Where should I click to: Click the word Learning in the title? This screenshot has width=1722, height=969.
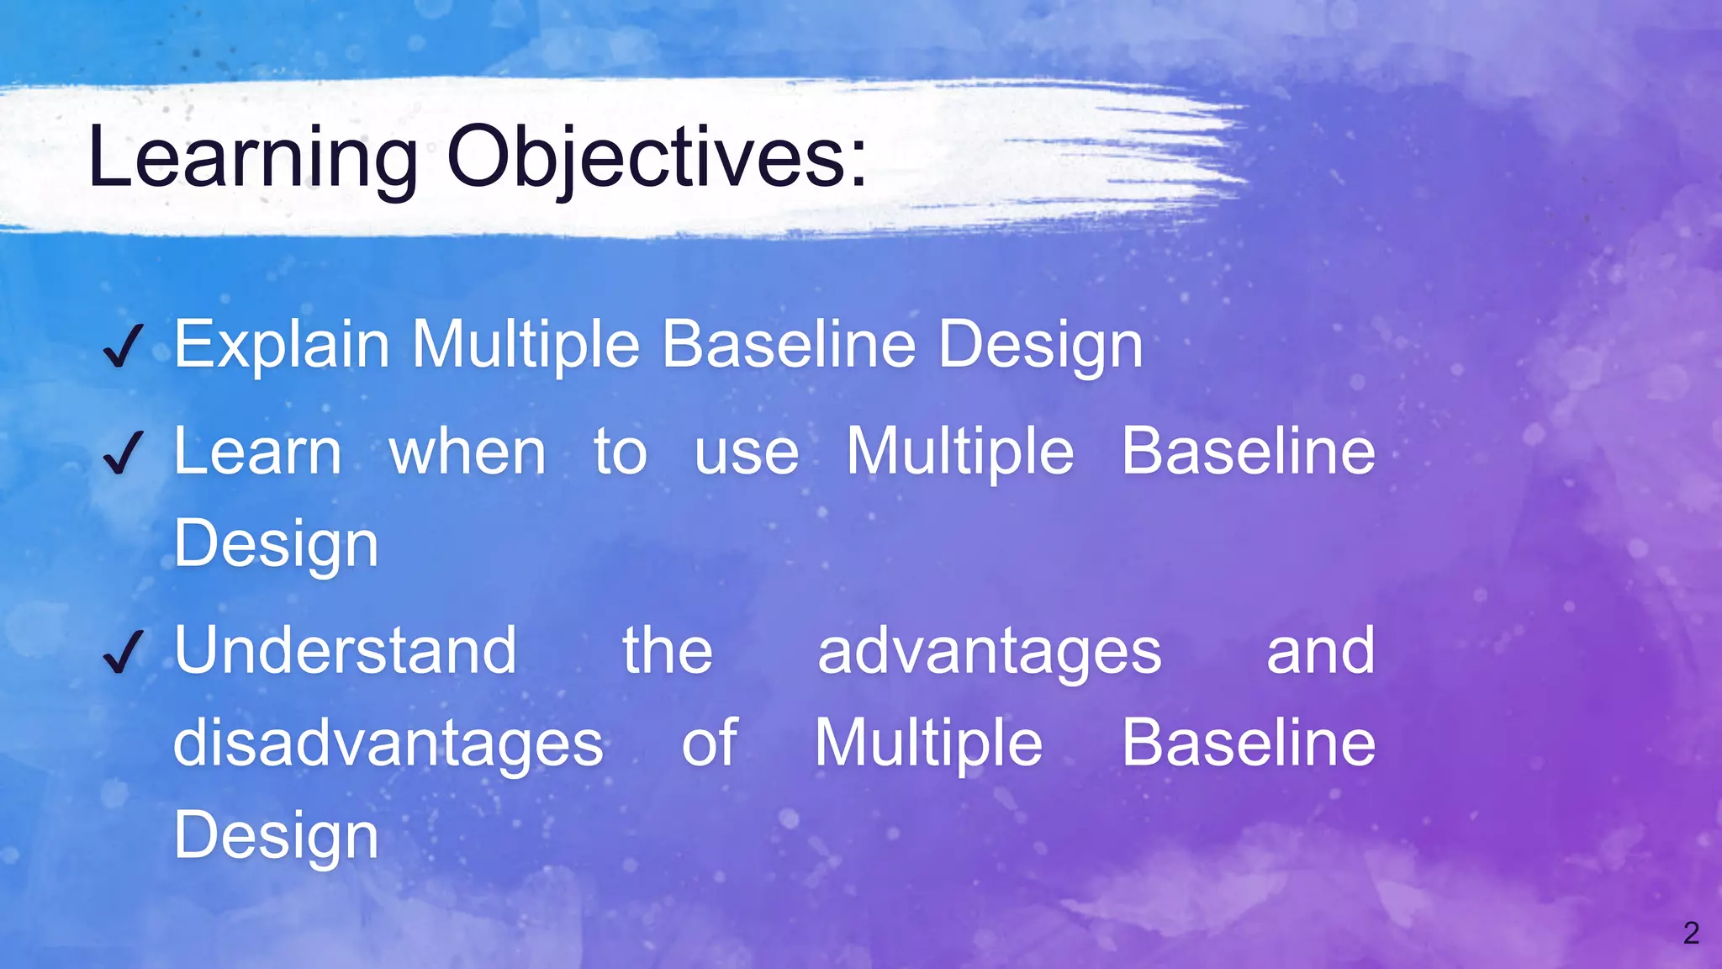pos(252,158)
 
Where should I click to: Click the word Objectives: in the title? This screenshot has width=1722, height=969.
pos(657,158)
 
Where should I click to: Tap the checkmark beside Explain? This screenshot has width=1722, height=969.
pos(123,347)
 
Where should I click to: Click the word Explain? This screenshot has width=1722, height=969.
pos(282,345)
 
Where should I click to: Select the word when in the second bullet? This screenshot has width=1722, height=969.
pos(467,453)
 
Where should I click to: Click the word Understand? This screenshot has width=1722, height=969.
pos(345,651)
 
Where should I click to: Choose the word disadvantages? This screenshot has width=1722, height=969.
pos(388,744)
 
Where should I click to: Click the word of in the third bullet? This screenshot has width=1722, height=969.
pos(709,744)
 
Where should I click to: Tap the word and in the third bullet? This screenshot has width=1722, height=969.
pos(1320,651)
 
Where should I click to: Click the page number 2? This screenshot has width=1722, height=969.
pos(1691,933)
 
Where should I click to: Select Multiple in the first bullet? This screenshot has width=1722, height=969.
pos(525,345)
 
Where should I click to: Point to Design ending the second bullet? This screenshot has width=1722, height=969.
pos(276,545)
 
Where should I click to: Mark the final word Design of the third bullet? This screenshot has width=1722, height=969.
pos(276,836)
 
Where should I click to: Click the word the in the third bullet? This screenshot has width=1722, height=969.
pos(668,651)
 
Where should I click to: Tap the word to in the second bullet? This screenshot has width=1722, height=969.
pos(621,453)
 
